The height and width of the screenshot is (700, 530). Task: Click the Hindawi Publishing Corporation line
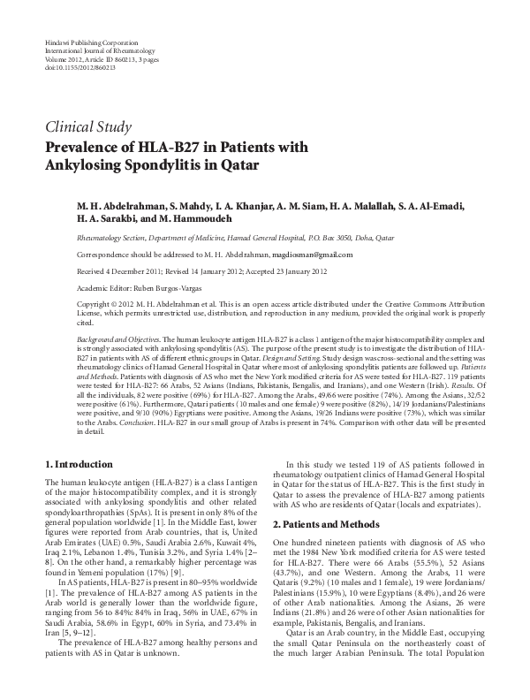[85, 43]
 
